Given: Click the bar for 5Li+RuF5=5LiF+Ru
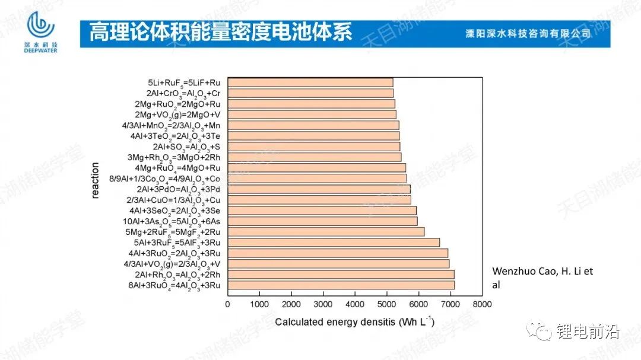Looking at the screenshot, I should (310, 82).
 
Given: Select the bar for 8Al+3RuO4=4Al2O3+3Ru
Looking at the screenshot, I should (341, 285).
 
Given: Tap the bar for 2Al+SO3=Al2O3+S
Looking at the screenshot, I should (313, 146).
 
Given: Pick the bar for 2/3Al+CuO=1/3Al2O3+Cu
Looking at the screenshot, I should (319, 200).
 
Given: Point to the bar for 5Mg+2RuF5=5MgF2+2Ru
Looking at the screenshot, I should (326, 232).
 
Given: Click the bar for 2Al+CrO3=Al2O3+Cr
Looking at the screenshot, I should (310, 93).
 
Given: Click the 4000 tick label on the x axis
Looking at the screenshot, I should (355, 304).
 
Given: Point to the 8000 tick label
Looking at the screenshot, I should (483, 304).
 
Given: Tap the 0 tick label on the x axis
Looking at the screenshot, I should (228, 304).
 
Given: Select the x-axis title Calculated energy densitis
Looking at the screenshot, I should (355, 322).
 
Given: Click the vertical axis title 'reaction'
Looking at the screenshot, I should (96, 184).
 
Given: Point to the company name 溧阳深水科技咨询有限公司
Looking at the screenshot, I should (528, 34).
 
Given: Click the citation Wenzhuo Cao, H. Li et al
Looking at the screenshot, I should (542, 278).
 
